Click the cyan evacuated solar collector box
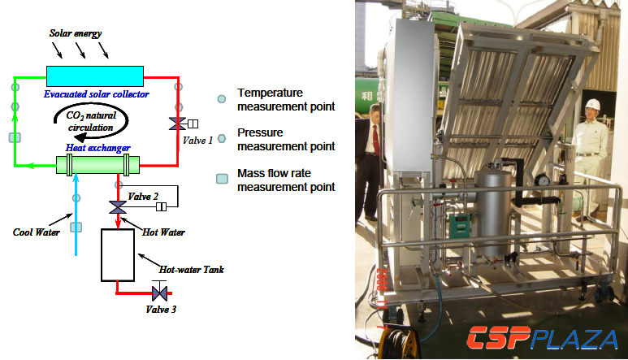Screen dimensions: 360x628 94,75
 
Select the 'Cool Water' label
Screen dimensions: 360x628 34,232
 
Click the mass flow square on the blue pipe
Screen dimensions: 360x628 76,227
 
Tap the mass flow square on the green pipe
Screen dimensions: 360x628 14,137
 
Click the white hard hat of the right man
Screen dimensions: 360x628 592,105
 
